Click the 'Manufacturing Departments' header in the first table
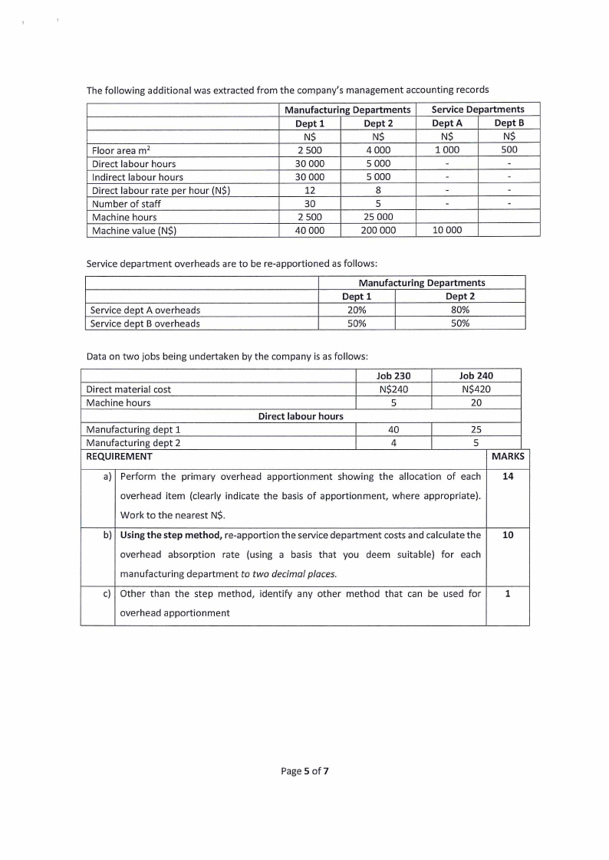(x=347, y=110)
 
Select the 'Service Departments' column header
(x=478, y=110)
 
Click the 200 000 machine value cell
(x=379, y=230)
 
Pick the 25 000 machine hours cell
(x=379, y=217)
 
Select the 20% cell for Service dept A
(x=357, y=310)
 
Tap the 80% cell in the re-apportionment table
(x=460, y=310)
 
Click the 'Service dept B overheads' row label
(x=145, y=323)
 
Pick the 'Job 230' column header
(x=394, y=376)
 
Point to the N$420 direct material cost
(x=476, y=389)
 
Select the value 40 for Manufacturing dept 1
(x=394, y=429)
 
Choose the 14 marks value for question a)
(x=507, y=477)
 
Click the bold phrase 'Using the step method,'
(x=171, y=534)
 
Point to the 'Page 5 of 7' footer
(x=305, y=770)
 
